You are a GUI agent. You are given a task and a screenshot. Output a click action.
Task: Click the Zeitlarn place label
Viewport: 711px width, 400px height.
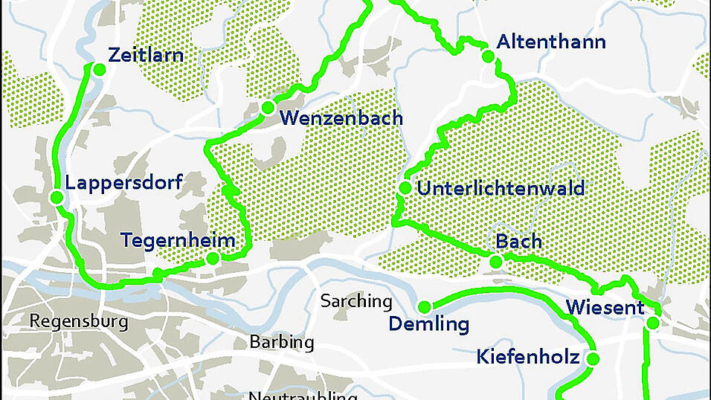click(146, 55)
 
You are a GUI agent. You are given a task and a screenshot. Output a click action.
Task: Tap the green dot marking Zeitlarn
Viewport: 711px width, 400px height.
click(98, 69)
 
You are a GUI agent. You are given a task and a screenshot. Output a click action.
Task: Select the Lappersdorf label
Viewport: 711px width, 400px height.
click(123, 182)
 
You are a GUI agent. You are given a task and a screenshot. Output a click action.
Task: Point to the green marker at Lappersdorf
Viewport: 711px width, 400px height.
click(56, 198)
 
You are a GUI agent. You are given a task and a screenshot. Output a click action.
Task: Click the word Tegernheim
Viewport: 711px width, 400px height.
click(178, 241)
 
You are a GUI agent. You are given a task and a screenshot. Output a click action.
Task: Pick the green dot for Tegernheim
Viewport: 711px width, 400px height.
click(212, 259)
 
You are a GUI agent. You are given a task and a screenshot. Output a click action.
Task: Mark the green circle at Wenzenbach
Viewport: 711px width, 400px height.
click(268, 108)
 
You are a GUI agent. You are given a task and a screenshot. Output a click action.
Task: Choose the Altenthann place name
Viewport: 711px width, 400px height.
click(551, 42)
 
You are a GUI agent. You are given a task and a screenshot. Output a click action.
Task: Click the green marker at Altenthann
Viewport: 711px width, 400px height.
click(488, 56)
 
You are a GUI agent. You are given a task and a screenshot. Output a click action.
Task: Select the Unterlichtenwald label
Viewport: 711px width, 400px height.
click(501, 188)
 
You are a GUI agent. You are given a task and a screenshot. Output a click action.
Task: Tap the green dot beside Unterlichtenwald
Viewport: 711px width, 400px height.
click(405, 188)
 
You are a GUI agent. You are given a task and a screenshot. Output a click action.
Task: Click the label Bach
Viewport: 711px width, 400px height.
click(518, 242)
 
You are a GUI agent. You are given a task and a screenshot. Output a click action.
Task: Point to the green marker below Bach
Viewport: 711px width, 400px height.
click(495, 261)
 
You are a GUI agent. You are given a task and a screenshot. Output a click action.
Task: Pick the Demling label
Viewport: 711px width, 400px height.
click(429, 325)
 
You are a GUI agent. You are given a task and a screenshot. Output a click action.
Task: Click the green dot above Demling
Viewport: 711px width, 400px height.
click(425, 307)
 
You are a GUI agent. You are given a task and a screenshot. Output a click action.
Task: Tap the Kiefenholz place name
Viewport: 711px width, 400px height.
click(528, 358)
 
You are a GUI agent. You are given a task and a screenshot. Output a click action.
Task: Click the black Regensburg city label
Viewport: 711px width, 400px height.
click(79, 322)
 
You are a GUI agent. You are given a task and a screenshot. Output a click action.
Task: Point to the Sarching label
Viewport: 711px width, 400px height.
click(356, 301)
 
